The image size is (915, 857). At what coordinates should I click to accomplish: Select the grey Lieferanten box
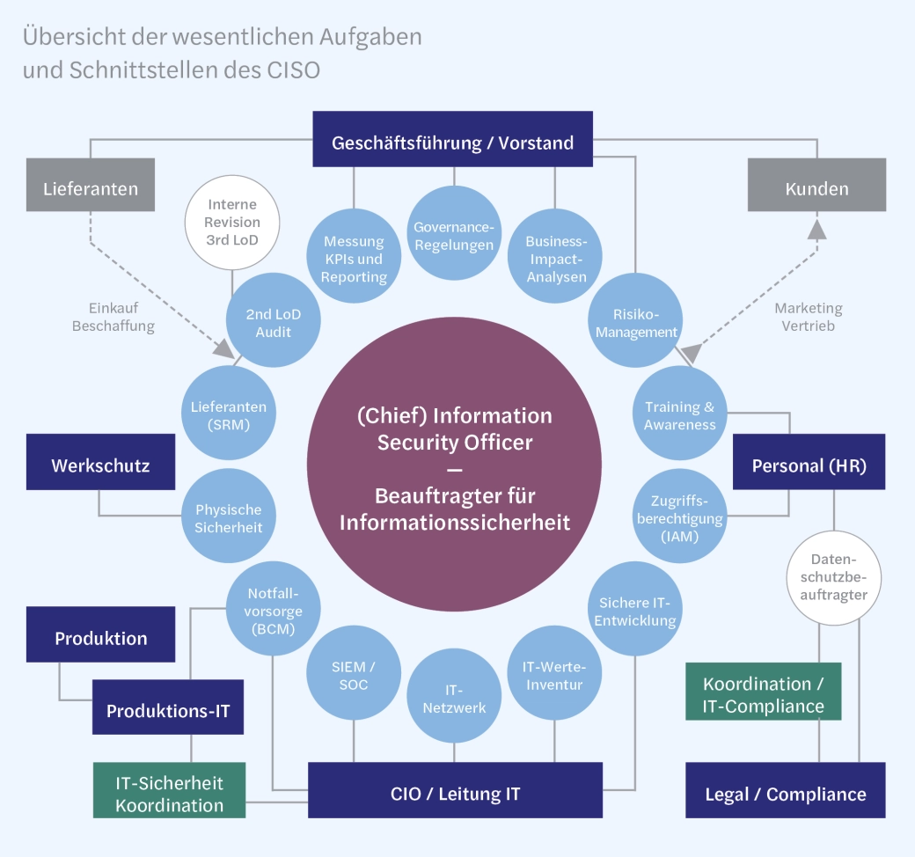pos(91,188)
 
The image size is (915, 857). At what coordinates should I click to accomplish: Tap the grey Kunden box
pos(816,188)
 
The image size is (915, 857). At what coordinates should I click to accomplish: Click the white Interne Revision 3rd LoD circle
pos(232,222)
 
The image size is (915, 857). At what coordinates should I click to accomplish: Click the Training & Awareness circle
pos(679,415)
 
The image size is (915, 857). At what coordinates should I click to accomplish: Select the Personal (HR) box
pos(809,465)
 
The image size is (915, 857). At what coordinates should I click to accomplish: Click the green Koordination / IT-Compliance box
pos(763,693)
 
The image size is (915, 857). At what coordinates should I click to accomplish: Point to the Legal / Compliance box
pos(785,794)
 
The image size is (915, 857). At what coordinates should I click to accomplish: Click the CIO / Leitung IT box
pos(455,794)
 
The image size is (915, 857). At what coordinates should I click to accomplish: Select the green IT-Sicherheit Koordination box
pos(169,794)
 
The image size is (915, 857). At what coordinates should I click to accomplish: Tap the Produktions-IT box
pos(167,711)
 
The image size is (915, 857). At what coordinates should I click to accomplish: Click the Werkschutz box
pos(99,465)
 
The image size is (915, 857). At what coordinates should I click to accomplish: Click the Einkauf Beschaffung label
pos(113,317)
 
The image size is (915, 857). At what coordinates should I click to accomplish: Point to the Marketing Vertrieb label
pos(808,317)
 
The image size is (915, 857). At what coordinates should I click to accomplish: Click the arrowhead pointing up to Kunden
pos(817,229)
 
